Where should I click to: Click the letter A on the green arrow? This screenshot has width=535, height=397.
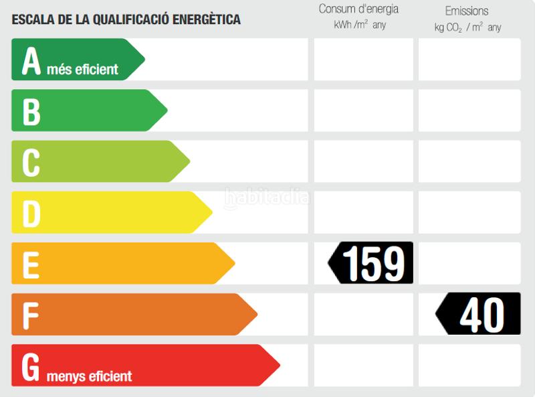point(31,61)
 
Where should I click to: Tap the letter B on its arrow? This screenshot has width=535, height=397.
point(31,112)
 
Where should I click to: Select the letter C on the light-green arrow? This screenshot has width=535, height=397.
point(31,163)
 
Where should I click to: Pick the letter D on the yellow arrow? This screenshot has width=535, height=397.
point(31,214)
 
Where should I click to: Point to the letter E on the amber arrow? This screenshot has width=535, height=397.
point(31,264)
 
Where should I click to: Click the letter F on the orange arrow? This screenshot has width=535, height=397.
point(30,315)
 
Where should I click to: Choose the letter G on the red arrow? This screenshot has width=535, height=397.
point(31,366)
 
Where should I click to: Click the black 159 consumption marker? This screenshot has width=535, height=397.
point(372,263)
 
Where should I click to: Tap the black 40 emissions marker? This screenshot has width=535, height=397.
point(479,314)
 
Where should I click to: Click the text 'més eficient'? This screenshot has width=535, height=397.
point(82,69)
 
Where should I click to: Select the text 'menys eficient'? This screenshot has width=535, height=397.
point(89,376)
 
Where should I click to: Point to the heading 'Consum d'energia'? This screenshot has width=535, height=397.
point(358,9)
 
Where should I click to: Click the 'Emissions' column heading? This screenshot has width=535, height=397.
point(467,11)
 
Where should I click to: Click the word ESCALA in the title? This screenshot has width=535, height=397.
point(33,19)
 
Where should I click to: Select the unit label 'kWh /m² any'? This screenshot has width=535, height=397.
point(360,25)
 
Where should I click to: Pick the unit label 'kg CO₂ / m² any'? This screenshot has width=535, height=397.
point(467,27)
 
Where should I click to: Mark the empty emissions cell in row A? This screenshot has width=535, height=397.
point(469,60)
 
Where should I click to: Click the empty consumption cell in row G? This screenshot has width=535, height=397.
point(363,365)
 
